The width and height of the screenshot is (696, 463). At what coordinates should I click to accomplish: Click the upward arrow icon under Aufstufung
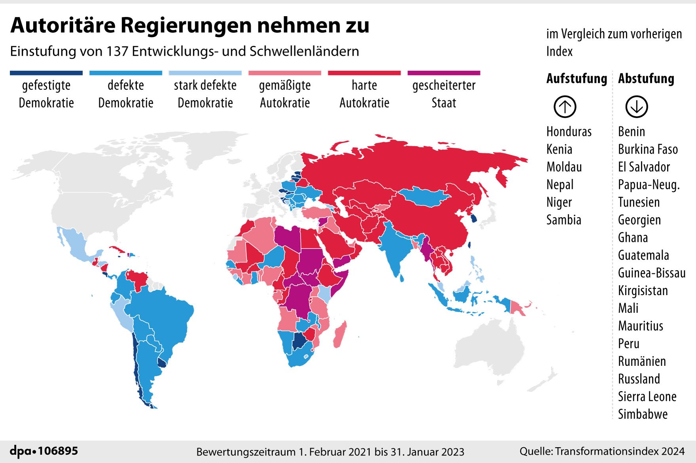pos(565,107)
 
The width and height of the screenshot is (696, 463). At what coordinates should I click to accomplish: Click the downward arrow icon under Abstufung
pos(636,107)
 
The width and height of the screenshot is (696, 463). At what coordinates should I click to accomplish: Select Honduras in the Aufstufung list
pos(569,132)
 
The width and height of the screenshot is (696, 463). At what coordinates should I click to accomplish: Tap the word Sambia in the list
pos(563,220)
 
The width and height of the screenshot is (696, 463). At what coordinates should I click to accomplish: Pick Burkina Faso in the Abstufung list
pos(648,149)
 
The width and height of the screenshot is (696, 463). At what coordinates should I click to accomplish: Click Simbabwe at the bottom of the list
pos(643,414)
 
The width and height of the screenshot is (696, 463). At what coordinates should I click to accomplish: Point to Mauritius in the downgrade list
pos(640,326)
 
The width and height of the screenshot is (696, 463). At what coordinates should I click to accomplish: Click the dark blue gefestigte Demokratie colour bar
pos(46,73)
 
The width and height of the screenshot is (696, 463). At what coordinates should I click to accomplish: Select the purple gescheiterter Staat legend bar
pos(444,73)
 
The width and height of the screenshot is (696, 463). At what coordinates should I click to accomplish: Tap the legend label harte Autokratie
pos(364,94)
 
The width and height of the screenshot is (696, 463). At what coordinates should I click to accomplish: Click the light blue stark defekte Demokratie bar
pos(205,73)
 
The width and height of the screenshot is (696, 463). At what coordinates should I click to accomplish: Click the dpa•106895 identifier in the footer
pos(44,451)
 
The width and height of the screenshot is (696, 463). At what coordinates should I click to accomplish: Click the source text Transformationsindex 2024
pos(620,451)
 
